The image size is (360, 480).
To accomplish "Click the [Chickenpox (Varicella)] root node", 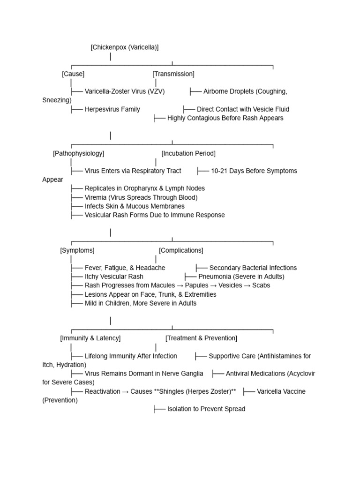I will tap(125, 47).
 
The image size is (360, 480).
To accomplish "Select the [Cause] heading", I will tap(73, 74).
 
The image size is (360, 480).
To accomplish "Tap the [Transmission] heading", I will tap(173, 74).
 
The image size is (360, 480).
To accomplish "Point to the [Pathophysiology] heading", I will tap(79, 153).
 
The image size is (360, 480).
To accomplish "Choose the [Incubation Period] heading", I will tap(188, 153).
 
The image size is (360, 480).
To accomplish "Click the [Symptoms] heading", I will tap(77, 250).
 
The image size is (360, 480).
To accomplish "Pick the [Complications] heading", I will tap(181, 250).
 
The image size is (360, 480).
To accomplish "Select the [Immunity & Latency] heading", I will tap(90, 338).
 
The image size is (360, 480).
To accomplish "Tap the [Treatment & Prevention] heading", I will tap(201, 338).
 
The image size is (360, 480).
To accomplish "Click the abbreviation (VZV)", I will tap(156, 91).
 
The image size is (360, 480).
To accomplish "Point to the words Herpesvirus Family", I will tap(112, 109).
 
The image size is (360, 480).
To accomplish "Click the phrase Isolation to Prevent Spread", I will tap(206, 409).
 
